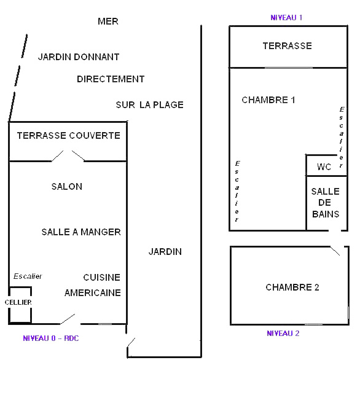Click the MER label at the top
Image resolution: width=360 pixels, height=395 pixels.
point(108,22)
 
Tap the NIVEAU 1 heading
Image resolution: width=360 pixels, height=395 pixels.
point(286,17)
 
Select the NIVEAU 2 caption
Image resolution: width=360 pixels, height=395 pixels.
point(283,334)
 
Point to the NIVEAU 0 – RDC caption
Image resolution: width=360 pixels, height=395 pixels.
point(50,338)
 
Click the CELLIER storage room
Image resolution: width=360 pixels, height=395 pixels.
point(20,305)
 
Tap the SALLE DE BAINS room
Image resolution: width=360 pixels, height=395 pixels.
point(326,203)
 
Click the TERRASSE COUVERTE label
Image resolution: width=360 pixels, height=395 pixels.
point(69,136)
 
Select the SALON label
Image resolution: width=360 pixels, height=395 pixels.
point(67,187)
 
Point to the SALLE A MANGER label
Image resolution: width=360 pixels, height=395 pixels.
point(81,232)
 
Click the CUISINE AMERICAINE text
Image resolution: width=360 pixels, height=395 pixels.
point(93,285)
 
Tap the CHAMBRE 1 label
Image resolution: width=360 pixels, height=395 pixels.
point(268,100)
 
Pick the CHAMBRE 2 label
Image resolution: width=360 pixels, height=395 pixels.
point(292,287)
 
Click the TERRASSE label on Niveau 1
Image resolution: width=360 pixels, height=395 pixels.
point(287,46)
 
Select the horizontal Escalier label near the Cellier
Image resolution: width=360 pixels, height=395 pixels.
point(28,276)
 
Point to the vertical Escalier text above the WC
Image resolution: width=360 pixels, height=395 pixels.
point(341,137)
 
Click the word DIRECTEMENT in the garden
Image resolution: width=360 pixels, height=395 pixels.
point(111,79)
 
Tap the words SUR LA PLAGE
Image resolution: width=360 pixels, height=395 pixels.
point(150,105)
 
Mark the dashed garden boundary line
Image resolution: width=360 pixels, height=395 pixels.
point(18,78)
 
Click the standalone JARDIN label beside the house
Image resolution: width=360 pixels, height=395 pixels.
point(165,252)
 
